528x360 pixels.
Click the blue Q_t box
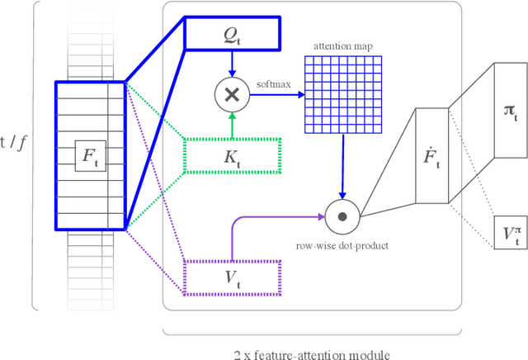click(x=233, y=34)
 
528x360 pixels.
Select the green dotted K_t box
click(x=233, y=155)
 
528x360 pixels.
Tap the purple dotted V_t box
click(x=233, y=277)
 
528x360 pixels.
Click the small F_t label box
click(x=89, y=154)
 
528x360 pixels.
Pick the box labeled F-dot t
click(x=431, y=154)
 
